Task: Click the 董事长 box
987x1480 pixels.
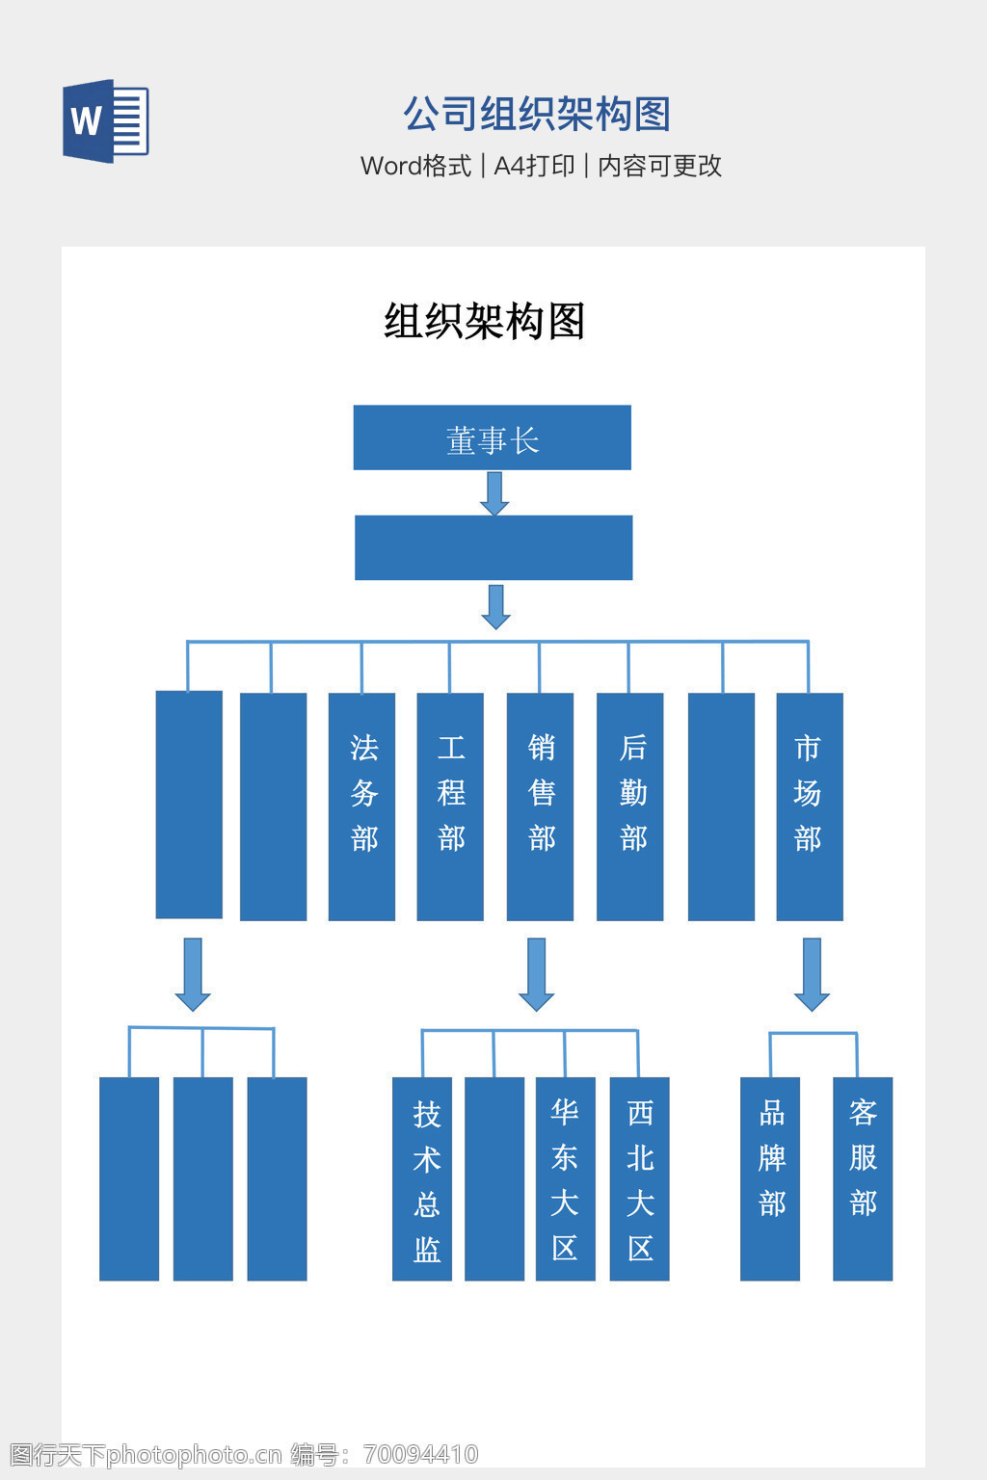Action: pyautogui.click(x=492, y=437)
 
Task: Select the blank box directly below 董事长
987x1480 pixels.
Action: pyautogui.click(x=493, y=547)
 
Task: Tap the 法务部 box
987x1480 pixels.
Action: pyautogui.click(x=361, y=806)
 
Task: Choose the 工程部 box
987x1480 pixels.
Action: pyautogui.click(x=450, y=806)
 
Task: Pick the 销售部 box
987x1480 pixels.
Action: pyautogui.click(x=540, y=806)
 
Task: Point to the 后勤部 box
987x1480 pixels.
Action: pyautogui.click(x=629, y=806)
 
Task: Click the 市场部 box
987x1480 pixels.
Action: pyautogui.click(x=810, y=806)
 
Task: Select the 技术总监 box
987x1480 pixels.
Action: pyautogui.click(x=422, y=1178)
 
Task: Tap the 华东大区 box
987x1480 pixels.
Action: pyautogui.click(x=565, y=1178)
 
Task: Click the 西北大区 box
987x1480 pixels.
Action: pyautogui.click(x=639, y=1178)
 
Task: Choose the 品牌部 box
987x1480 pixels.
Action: pyautogui.click(x=770, y=1178)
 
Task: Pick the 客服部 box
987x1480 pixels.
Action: pyautogui.click(x=863, y=1178)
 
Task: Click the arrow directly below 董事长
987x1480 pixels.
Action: pyautogui.click(x=494, y=493)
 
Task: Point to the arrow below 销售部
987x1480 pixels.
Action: pyautogui.click(x=537, y=974)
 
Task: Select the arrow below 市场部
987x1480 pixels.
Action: pyautogui.click(x=812, y=974)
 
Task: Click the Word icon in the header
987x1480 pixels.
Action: pyautogui.click(x=105, y=121)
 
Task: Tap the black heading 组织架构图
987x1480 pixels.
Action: pyautogui.click(x=485, y=321)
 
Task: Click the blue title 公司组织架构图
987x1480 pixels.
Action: pyautogui.click(x=536, y=114)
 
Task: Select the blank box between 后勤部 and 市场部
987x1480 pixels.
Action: pyautogui.click(x=721, y=806)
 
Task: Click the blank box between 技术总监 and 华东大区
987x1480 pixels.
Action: pyautogui.click(x=494, y=1178)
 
